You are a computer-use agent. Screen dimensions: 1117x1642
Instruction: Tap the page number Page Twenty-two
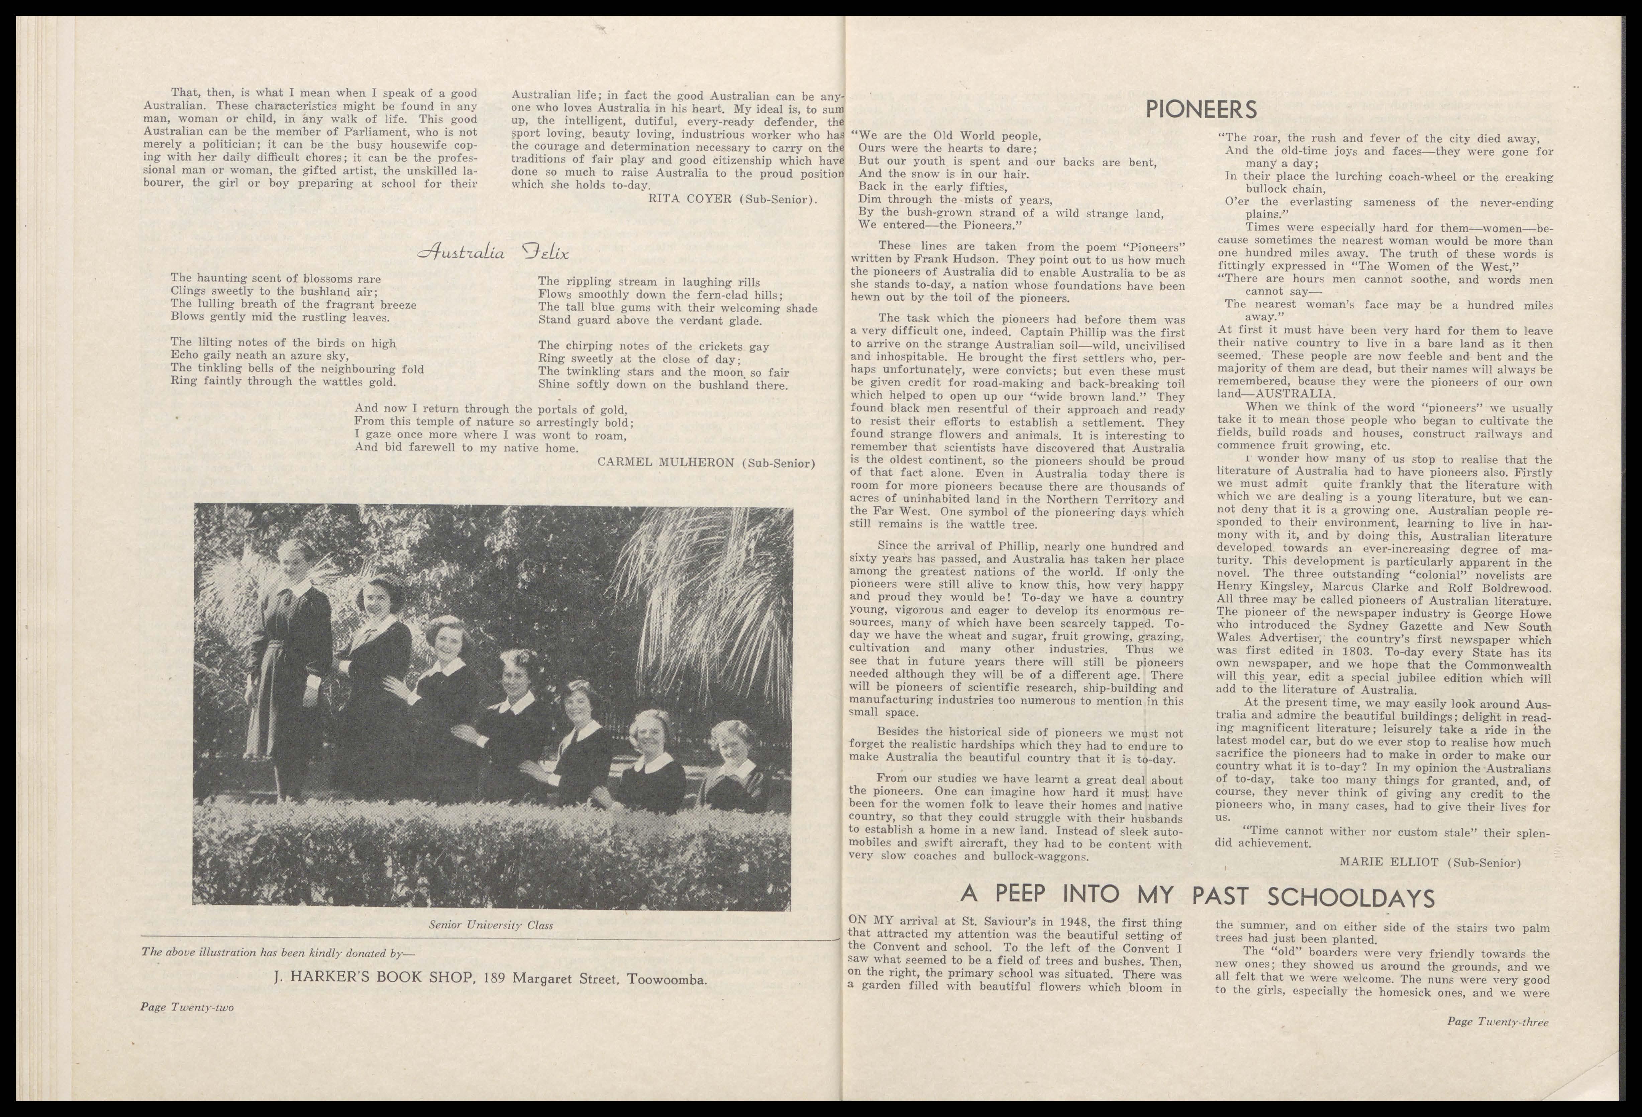187,1007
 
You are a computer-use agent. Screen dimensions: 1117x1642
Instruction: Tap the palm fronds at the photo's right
714,601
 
